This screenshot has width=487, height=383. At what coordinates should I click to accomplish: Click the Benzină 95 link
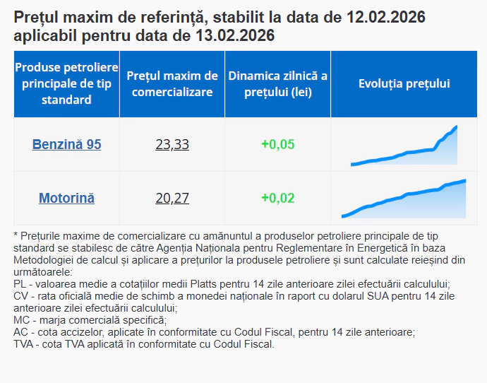(66, 144)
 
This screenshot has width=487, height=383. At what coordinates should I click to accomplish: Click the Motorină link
(66, 198)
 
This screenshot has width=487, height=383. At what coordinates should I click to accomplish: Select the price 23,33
(172, 144)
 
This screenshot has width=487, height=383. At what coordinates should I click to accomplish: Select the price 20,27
(172, 198)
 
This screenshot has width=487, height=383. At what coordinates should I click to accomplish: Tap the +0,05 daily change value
(277, 144)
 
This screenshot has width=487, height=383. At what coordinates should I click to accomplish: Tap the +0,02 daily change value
(277, 198)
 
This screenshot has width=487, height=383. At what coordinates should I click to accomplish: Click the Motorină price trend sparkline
(404, 200)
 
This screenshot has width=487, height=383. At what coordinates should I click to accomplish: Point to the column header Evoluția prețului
(404, 83)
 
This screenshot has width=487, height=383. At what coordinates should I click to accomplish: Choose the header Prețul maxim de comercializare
(172, 83)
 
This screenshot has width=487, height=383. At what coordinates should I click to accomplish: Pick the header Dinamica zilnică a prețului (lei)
(277, 83)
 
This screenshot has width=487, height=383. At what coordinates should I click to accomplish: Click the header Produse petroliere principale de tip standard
(66, 83)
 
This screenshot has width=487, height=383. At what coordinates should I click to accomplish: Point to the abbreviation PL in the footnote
(20, 284)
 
